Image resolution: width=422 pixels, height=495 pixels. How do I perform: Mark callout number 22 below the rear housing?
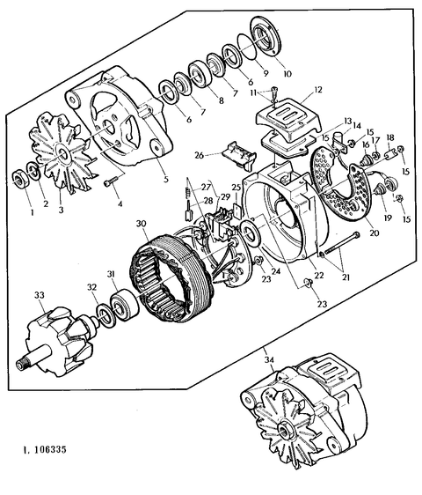coord(317,276)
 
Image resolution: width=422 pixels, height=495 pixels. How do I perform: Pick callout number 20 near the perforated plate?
coord(374,233)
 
